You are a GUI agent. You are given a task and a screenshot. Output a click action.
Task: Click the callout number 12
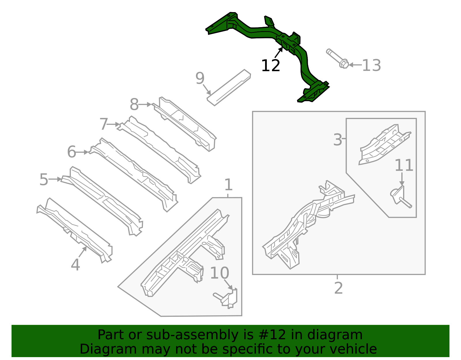270,66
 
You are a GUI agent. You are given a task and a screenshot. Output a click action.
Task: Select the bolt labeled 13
338,58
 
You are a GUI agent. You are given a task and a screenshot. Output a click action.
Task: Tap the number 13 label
371,66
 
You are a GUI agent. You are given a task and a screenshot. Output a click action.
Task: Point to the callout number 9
200,78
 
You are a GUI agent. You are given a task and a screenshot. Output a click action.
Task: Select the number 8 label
134,105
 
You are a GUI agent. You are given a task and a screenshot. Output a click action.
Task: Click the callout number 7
103,124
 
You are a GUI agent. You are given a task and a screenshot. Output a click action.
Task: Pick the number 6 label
71,152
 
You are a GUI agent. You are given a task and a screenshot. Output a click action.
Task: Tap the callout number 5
44,180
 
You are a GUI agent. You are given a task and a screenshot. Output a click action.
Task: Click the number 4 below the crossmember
75,265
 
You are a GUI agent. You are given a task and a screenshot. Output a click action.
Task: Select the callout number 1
228,185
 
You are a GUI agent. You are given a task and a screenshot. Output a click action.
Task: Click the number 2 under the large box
338,288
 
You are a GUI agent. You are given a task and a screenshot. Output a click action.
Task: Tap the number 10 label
220,273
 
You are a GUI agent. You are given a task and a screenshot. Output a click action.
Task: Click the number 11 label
404,166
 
